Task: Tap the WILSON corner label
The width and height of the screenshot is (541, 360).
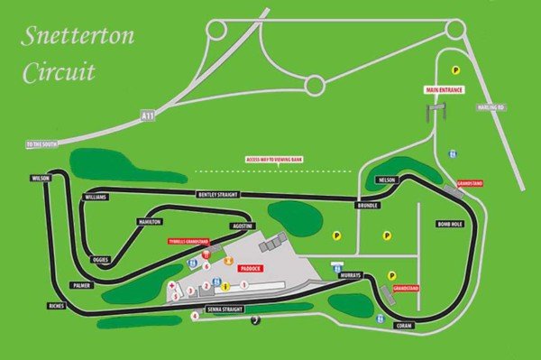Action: click(x=39, y=179)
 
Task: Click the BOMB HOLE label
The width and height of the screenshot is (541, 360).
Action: click(x=448, y=223)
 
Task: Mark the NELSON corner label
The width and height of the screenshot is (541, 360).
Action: click(x=389, y=180)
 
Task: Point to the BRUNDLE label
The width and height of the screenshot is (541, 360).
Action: click(x=367, y=205)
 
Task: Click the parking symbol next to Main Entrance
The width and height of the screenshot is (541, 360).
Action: click(x=456, y=69)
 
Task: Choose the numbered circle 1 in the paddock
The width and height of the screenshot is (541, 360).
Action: click(x=244, y=284)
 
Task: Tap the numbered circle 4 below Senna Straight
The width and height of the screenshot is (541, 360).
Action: click(x=195, y=316)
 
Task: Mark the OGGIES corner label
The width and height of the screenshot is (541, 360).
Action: click(x=101, y=259)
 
